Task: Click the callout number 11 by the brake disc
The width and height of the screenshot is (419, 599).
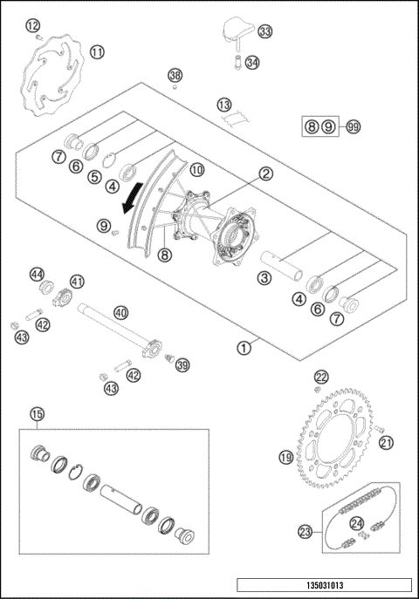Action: coord(97,52)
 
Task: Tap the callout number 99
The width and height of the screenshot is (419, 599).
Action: coord(353,127)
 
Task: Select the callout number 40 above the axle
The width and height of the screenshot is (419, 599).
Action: coord(120,311)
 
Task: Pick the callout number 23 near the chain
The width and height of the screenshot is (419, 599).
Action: coord(305,529)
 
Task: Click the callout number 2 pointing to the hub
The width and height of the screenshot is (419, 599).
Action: coord(264,174)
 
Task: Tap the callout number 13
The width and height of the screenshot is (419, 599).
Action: coord(223,104)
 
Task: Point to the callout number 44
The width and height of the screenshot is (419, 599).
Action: coord(37,274)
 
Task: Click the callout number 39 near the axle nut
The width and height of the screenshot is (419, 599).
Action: coord(182,365)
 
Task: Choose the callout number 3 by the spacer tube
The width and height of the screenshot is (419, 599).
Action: coord(263,278)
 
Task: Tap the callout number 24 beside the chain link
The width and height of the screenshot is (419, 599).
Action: coord(356,524)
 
